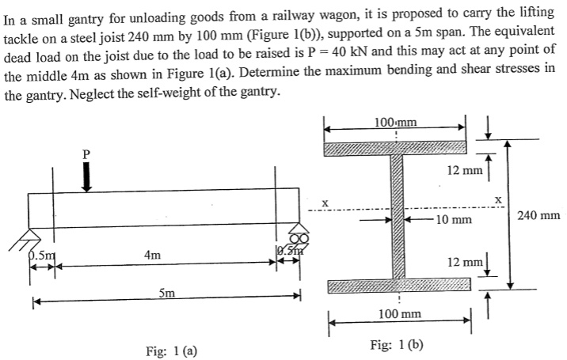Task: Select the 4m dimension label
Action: pyautogui.click(x=154, y=255)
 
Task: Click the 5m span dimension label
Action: pyautogui.click(x=167, y=294)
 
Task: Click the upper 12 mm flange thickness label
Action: pyautogui.click(x=462, y=170)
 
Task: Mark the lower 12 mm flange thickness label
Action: pyautogui.click(x=462, y=261)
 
